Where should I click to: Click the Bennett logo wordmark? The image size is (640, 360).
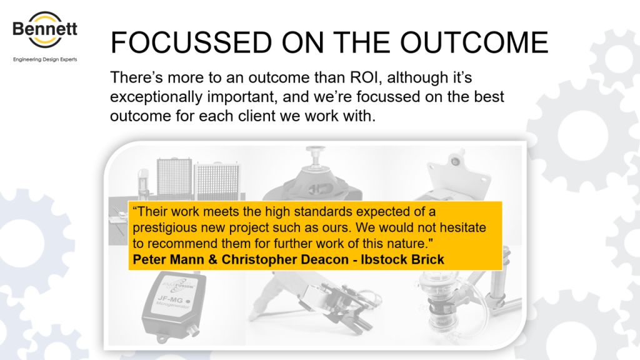pyautogui.click(x=45, y=29)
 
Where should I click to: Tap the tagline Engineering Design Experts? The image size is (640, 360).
pyautogui.click(x=45, y=59)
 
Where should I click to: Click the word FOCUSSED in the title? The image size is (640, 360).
pyautogui.click(x=191, y=42)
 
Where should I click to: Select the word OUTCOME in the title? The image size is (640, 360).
pyautogui.click(x=474, y=42)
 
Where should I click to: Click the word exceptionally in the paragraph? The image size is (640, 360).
pyautogui.click(x=156, y=97)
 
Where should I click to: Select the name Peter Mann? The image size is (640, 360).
pyautogui.click(x=168, y=259)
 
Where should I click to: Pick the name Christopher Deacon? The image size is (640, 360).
pyautogui.click(x=285, y=259)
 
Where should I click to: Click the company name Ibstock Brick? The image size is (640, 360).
pyautogui.click(x=402, y=259)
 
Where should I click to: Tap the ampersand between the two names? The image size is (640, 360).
pyautogui.click(x=212, y=259)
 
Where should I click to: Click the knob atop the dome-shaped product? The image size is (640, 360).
pyautogui.click(x=315, y=155)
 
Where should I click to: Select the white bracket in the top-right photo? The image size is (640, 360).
pyautogui.click(x=459, y=176)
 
